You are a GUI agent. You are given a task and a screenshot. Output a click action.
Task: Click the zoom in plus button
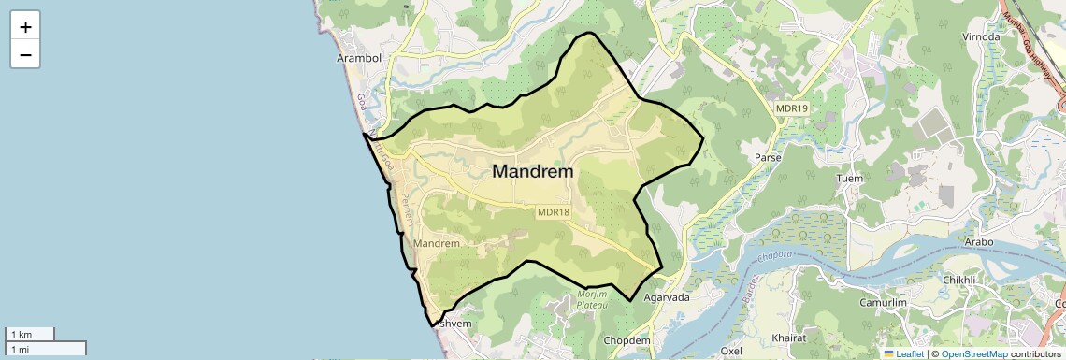point(25,27)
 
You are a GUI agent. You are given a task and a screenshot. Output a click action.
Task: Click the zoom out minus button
point(25,55)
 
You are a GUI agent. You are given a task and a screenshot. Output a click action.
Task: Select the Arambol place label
point(359,58)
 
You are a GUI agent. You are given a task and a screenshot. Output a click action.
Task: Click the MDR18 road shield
point(553,212)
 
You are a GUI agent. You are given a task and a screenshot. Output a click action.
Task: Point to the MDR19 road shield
point(791,109)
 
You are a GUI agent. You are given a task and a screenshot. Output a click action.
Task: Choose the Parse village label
point(768,157)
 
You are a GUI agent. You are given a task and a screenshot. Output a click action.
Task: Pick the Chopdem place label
point(627,340)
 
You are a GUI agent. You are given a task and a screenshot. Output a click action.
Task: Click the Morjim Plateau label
point(592,299)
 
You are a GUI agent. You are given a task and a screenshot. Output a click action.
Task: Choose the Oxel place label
point(731,351)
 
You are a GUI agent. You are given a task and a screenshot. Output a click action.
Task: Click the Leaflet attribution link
point(903,353)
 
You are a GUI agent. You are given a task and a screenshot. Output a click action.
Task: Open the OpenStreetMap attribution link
point(974,353)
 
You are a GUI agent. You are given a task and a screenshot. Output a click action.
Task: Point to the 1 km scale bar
point(30,334)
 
